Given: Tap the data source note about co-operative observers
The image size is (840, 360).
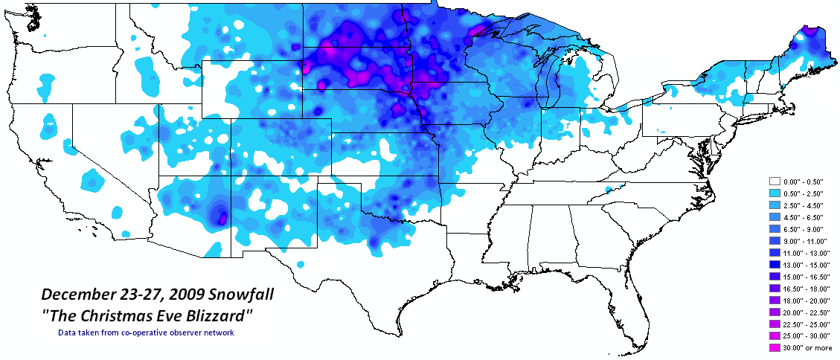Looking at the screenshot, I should tap(146, 332).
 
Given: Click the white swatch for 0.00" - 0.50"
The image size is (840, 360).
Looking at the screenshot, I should tap(774, 181).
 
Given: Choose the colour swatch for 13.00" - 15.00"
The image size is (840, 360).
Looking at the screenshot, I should tap(774, 263).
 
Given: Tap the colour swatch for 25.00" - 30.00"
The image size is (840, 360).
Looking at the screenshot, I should tap(774, 335).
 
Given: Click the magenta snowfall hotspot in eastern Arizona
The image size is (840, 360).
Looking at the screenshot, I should tap(222, 218).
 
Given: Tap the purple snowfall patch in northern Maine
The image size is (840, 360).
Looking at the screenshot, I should tap(808, 33).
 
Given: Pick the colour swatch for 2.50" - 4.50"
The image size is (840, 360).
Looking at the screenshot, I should tap(774, 205).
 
